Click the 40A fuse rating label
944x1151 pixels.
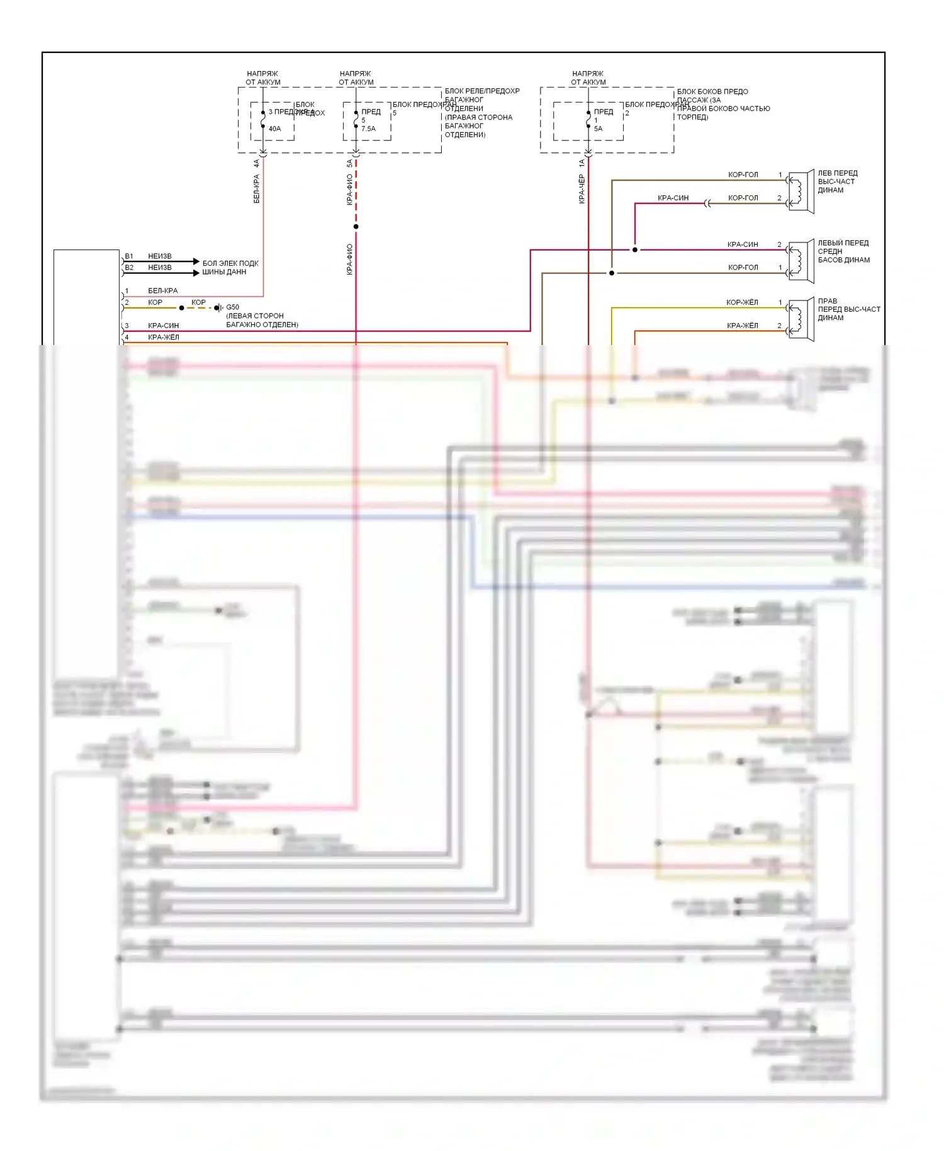[x=274, y=128]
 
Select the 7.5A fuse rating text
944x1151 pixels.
[x=368, y=128]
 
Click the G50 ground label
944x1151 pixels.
[x=232, y=307]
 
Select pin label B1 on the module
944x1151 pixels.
[x=129, y=256]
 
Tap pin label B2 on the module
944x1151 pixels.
[x=129, y=268]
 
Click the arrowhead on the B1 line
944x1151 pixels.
[x=196, y=261]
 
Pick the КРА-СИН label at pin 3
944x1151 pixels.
[x=163, y=326]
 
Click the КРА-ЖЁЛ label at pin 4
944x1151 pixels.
[x=163, y=337]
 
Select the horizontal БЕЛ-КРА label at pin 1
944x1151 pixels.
[x=162, y=291]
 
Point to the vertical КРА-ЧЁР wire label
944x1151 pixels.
[x=582, y=189]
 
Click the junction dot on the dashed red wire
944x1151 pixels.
[x=356, y=227]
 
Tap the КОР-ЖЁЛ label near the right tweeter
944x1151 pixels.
[x=742, y=302]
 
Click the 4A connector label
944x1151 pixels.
[x=256, y=163]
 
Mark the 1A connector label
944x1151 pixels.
[x=582, y=163]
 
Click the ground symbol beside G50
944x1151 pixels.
[x=218, y=308]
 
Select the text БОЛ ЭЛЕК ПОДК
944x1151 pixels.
[x=230, y=263]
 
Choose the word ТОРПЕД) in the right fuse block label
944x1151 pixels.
[x=692, y=117]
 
